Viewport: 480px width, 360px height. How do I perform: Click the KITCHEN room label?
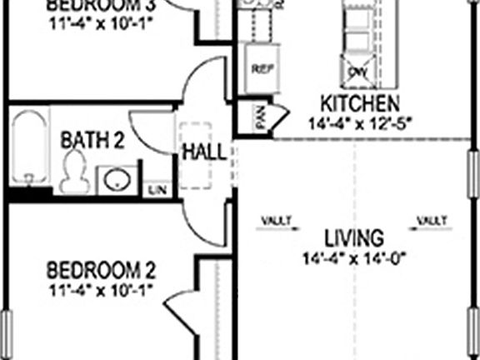pos(360,104)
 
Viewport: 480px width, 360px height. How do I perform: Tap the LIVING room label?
pos(355,236)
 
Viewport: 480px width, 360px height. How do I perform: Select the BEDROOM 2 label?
pos(101,270)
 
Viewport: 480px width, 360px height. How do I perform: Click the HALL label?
pos(203,152)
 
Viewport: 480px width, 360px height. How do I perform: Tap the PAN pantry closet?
pos(261,118)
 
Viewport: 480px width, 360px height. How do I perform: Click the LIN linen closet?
pos(156,190)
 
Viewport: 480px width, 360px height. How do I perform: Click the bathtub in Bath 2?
pos(30,150)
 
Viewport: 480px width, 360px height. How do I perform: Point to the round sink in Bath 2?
pos(116,178)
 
